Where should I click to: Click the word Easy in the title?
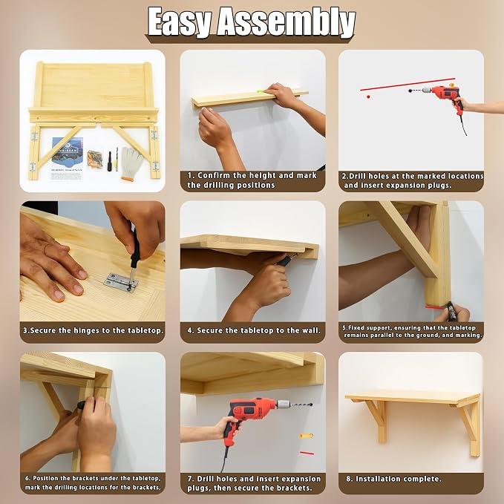pyautogui.click(x=180, y=22)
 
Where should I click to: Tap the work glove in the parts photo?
pyautogui.click(x=131, y=164)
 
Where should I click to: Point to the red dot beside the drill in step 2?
pyautogui.click(x=368, y=96)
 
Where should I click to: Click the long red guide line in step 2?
pyautogui.click(x=408, y=84)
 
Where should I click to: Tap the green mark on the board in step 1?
pyautogui.click(x=260, y=92)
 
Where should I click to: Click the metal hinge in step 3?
pyautogui.click(x=121, y=283)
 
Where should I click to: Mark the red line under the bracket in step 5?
pyautogui.click(x=435, y=307)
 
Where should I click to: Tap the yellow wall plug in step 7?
pyautogui.click(x=306, y=436)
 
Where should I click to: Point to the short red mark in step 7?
pyautogui.click(x=307, y=453)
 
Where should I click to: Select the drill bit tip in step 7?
pyautogui.click(x=310, y=405)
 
